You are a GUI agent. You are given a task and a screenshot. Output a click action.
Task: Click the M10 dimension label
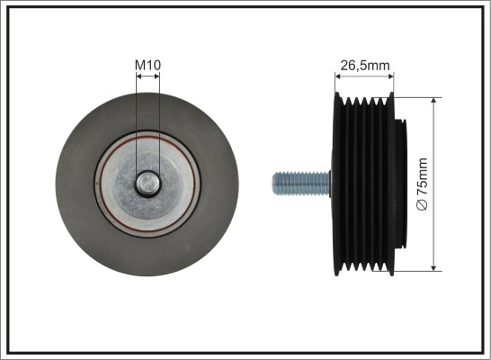147,65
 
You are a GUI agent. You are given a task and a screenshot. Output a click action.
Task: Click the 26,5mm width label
365,66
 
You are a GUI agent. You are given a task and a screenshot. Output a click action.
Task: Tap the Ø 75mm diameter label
422,184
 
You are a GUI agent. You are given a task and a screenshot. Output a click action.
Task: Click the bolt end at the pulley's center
147,184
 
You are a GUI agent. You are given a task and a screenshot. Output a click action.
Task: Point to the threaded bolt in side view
301,184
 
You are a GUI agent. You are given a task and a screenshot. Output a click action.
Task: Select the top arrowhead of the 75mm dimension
433,100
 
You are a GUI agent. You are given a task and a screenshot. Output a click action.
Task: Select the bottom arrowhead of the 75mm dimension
433,268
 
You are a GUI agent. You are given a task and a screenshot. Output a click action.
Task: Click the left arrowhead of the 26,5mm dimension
338,76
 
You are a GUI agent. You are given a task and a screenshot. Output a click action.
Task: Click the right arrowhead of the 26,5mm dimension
391,76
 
